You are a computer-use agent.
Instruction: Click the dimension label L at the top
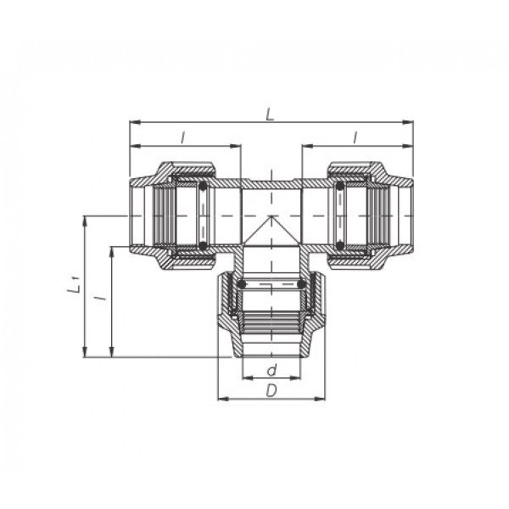coord(270,115)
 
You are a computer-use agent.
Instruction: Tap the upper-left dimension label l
coord(182,137)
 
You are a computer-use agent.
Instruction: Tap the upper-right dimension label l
coord(355,137)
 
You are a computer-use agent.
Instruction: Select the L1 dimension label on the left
coord(74,284)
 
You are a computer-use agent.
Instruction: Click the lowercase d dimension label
coord(272,370)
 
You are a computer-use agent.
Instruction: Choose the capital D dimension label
coord(271,390)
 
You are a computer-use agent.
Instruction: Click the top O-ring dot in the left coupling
coord(203,186)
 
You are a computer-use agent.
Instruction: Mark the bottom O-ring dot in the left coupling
coord(203,245)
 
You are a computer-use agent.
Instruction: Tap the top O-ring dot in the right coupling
coord(339,186)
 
